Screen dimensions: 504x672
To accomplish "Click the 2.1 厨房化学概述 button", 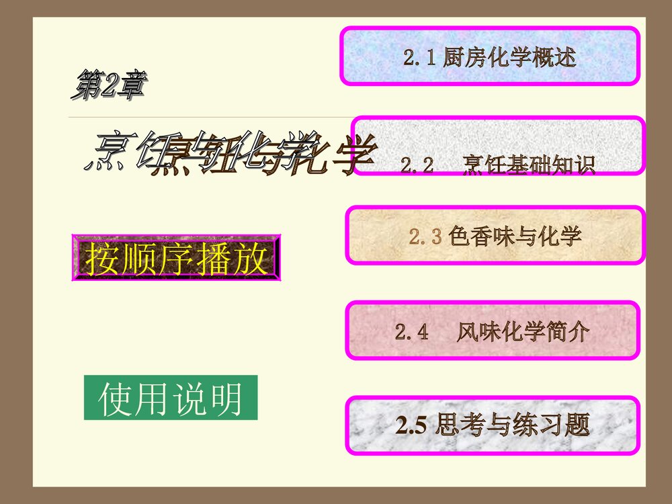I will click(490, 56).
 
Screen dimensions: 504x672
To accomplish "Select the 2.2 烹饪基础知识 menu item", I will click(499, 146).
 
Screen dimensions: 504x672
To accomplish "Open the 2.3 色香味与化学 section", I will click(495, 236).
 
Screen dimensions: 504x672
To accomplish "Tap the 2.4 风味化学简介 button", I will click(493, 331).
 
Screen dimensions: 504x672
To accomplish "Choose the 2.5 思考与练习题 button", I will click(493, 425).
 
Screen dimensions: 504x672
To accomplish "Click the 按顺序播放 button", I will click(176, 258).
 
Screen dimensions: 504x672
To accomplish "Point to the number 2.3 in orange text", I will click(425, 237).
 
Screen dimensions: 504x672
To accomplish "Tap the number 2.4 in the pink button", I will click(411, 332).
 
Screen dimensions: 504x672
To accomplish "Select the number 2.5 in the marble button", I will click(411, 426).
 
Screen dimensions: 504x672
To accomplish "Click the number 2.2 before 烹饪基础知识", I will click(417, 165).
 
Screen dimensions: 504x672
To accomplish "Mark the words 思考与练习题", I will click(512, 425).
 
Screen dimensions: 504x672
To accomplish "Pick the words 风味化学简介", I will click(523, 332).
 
